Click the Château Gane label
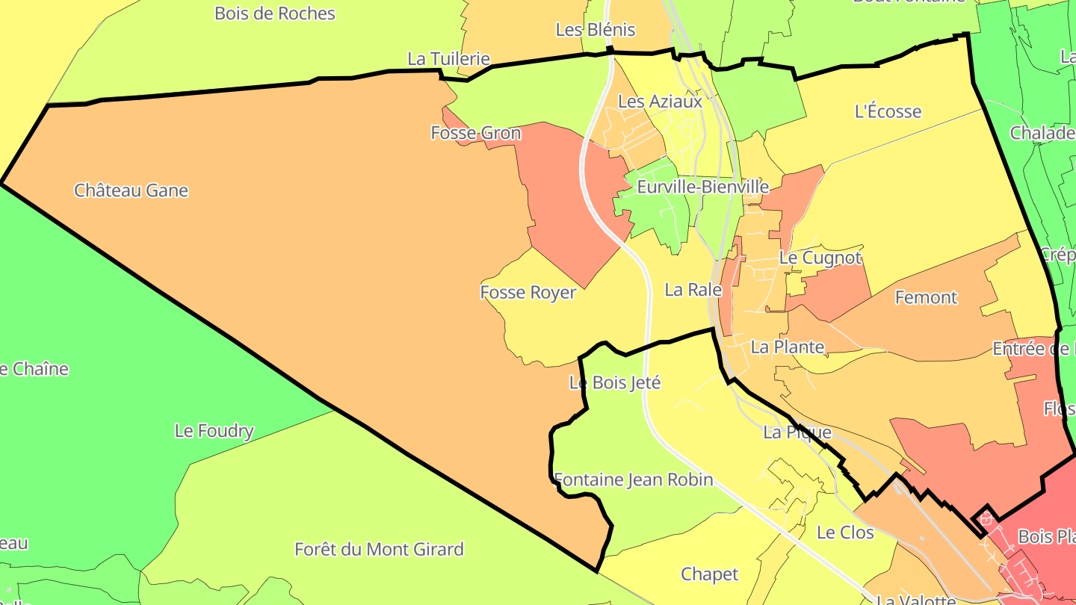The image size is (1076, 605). tap(131, 190)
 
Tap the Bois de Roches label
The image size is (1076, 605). tap(274, 13)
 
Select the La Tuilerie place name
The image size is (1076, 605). tap(448, 59)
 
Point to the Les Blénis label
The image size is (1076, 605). tap(595, 30)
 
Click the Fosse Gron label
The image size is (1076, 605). tap(476, 133)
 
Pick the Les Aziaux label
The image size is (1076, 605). tap(661, 101)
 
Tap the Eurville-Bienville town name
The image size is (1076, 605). tap(702, 187)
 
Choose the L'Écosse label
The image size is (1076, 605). tap(888, 112)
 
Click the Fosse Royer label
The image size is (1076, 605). tap(528, 292)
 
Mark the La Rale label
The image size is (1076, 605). tap(693, 290)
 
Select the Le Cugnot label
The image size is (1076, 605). tap(820, 258)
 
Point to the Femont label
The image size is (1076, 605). tap(926, 297)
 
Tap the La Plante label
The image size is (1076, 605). tap(787, 347)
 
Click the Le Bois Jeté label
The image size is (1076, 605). tap(615, 382)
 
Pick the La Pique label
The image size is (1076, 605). tap(797, 432)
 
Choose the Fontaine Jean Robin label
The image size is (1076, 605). tap(633, 480)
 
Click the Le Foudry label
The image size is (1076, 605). tap(214, 431)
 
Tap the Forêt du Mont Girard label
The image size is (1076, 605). tap(379, 550)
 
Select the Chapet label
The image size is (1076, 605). tap(709, 574)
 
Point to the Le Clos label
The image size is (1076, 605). tap(845, 533)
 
